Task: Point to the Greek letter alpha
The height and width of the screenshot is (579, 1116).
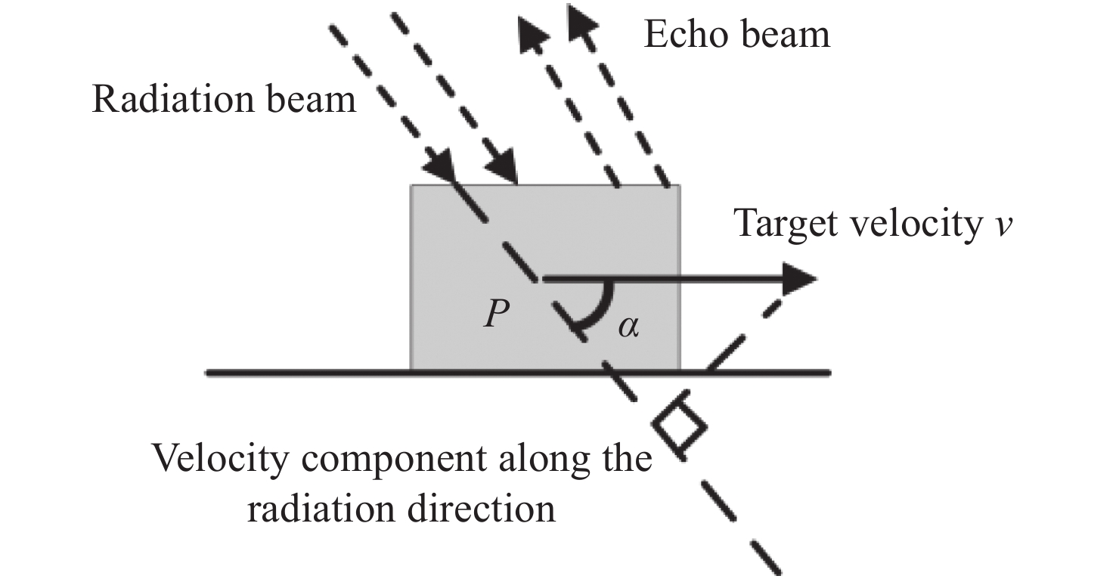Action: coord(628,327)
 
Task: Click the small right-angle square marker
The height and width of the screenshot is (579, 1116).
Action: coord(680,427)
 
